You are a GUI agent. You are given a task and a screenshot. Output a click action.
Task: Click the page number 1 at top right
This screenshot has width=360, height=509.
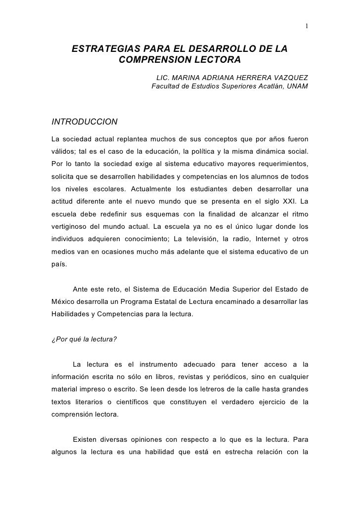307,26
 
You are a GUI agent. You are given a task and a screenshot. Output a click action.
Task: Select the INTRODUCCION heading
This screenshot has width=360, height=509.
85,122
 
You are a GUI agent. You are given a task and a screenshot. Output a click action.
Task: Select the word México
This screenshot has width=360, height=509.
64,300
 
